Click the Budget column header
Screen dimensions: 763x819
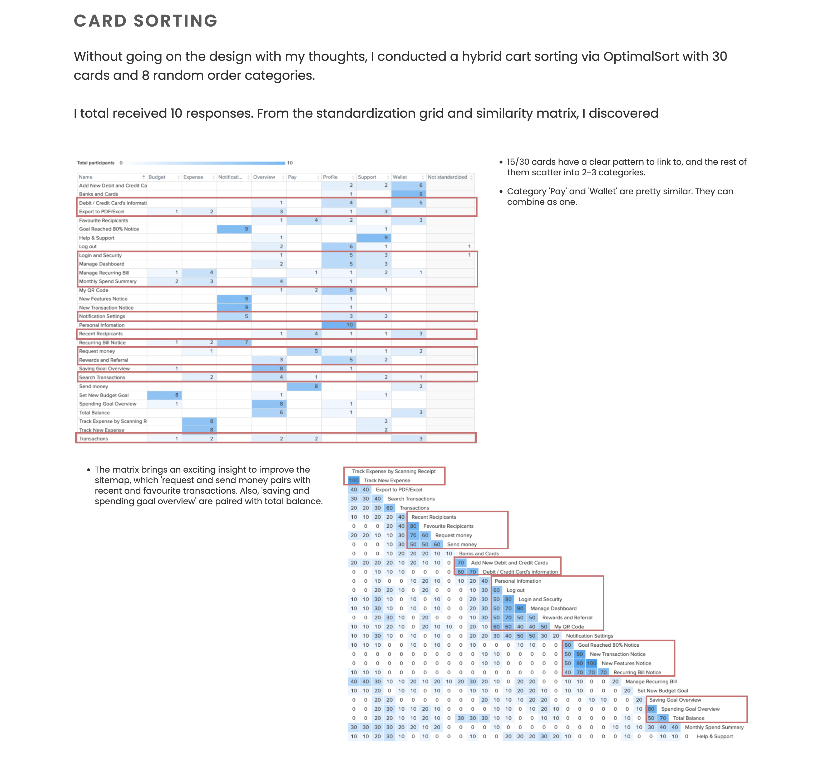coord(157,177)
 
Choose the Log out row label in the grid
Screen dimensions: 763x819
coord(88,246)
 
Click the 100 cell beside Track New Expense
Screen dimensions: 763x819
coord(353,480)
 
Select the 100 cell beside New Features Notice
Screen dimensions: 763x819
coord(591,663)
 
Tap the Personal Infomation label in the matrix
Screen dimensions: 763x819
coord(518,581)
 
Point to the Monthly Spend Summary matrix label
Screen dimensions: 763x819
coord(714,727)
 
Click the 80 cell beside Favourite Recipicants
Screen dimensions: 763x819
coord(413,526)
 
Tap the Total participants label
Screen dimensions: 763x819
coord(96,163)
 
